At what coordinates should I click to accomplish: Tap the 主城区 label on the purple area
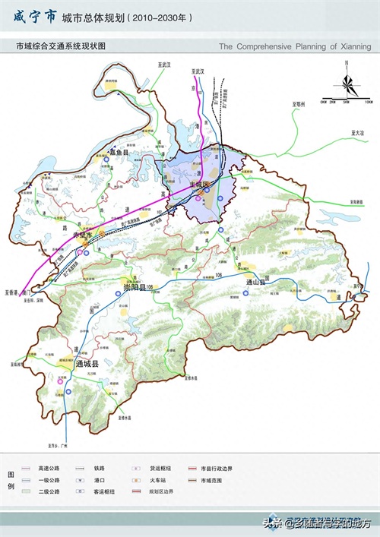[201, 185]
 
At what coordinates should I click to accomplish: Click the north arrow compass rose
[346, 81]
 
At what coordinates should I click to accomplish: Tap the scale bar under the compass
[346, 98]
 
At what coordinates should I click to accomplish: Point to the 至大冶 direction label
[349, 133]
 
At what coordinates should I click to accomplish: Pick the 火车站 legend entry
[159, 480]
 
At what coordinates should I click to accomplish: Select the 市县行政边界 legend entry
[216, 469]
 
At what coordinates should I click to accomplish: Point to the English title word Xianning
[353, 46]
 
